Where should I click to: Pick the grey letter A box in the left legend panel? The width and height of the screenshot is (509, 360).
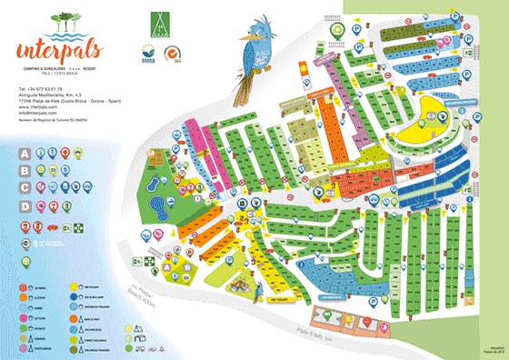point(25,155)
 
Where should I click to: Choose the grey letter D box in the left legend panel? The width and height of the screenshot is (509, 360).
point(25,205)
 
